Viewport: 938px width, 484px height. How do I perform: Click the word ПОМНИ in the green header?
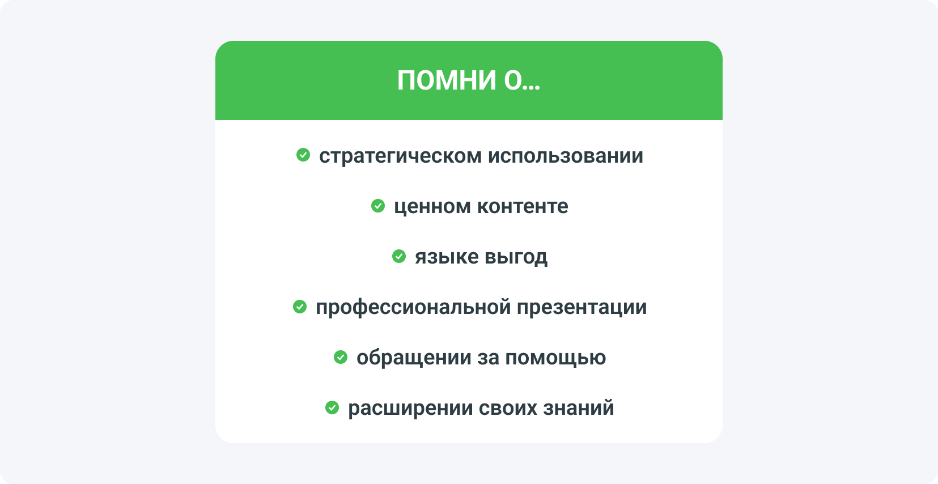click(447, 80)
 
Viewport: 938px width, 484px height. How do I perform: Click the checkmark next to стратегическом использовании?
click(303, 155)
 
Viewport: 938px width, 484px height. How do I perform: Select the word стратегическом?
click(401, 156)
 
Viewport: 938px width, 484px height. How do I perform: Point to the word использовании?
click(566, 156)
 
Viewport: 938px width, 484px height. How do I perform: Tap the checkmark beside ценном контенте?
click(378, 206)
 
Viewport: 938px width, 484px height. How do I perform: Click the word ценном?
click(432, 206)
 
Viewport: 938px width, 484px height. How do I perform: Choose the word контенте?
click(523, 206)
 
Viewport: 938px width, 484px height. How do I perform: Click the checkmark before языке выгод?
click(399, 256)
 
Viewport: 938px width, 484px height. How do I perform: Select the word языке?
click(447, 257)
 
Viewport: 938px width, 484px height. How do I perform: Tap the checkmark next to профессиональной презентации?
click(300, 307)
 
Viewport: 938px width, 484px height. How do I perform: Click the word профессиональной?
click(413, 307)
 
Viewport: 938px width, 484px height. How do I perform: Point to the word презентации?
click(582, 307)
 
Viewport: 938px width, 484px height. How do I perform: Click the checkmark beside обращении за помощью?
click(341, 357)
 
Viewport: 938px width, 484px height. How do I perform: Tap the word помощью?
click(555, 358)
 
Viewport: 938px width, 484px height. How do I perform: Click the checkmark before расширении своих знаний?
click(332, 407)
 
